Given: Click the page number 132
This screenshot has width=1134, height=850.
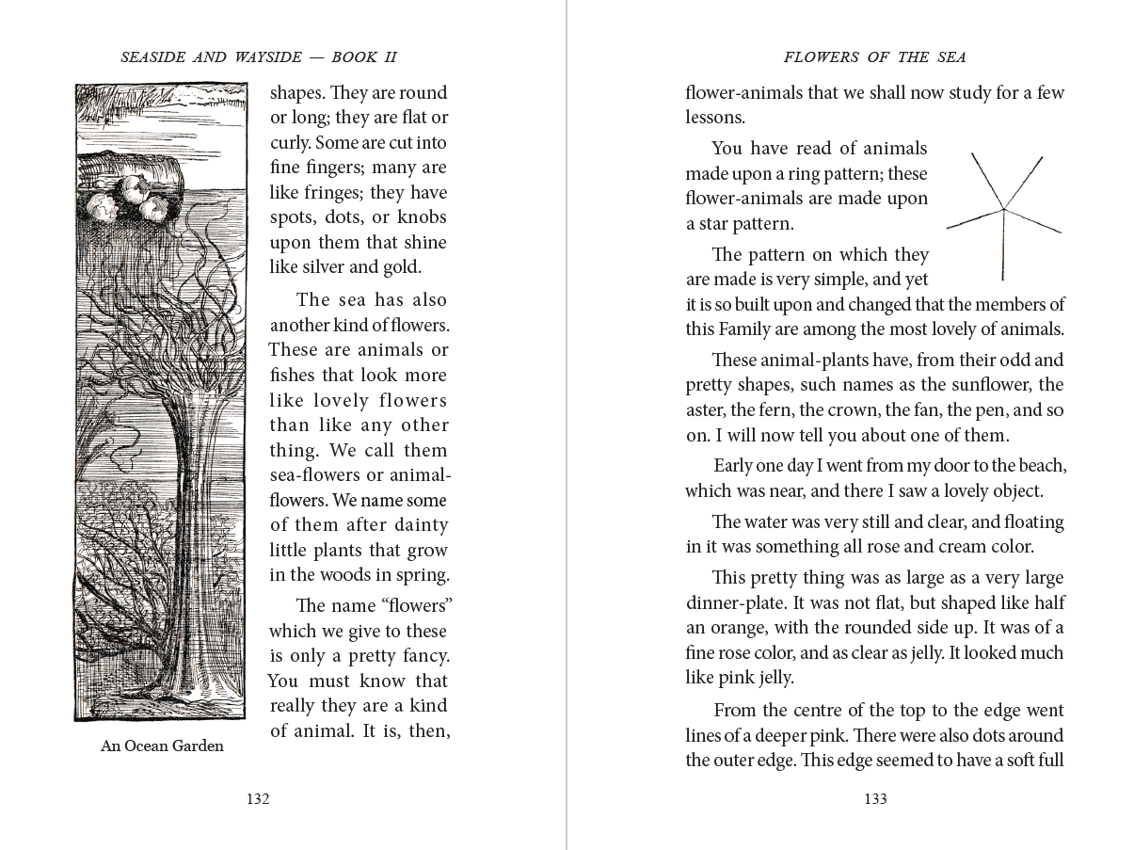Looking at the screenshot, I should (258, 799).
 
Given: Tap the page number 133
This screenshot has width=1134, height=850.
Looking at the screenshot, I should (875, 799).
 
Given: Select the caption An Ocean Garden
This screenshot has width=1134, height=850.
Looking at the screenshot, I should (162, 746).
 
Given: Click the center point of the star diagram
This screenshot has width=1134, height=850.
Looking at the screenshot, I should (1003, 208).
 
